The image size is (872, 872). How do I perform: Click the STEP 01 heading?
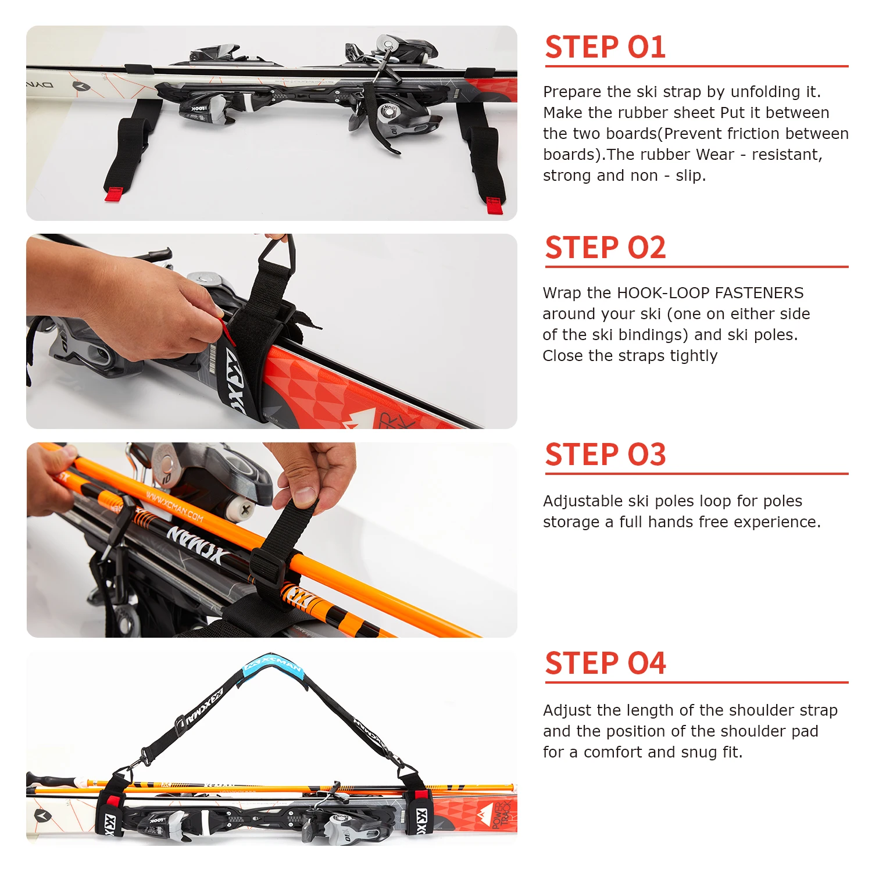[605, 47]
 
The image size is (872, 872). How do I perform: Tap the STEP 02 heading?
[605, 248]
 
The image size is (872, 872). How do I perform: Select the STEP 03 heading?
[605, 455]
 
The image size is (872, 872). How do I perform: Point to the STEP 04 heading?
[605, 663]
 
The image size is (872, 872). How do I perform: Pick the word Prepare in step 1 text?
[572, 92]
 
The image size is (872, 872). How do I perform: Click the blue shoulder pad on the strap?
[274, 664]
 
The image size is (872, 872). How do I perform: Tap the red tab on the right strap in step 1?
[494, 205]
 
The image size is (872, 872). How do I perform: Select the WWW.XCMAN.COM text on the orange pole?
[174, 508]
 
